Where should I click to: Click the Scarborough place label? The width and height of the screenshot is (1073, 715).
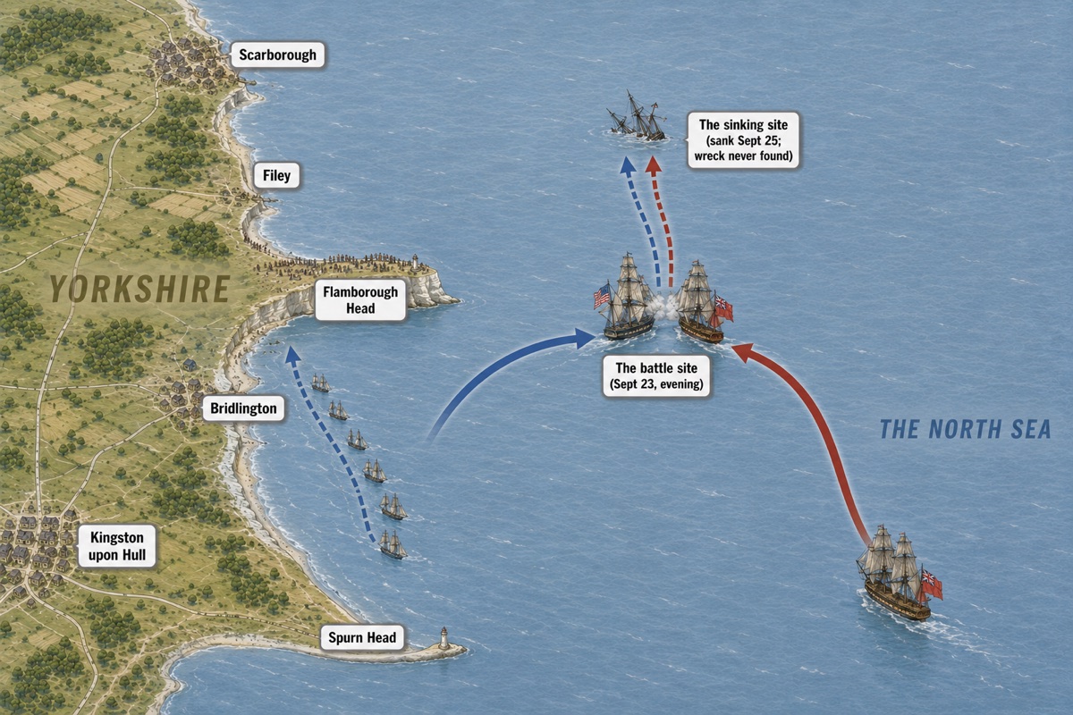pos(277,55)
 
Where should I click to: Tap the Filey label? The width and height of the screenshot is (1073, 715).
pos(276,175)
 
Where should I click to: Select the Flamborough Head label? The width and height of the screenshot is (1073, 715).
pos(360,299)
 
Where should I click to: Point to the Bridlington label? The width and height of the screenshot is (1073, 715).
pos(243,408)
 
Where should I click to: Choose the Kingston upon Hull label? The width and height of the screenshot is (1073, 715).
pos(117,546)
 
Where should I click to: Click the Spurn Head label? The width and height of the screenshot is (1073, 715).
pos(362,637)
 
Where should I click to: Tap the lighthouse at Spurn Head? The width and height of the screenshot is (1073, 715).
pos(444,638)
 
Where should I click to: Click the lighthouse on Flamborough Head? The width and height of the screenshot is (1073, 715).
pos(415,263)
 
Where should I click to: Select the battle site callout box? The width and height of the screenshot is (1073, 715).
pos(656,376)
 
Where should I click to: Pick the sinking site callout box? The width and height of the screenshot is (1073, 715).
pos(743,140)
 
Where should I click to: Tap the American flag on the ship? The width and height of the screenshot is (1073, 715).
pos(602,296)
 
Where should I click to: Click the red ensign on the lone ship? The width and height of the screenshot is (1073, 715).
pos(931,585)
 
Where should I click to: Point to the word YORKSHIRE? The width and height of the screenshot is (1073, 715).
pos(139,289)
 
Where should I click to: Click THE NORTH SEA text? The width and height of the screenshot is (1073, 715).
pos(965,429)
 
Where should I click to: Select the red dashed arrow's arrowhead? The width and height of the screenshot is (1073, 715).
pos(654,164)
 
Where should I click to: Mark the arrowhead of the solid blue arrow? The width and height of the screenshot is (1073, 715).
pos(585,338)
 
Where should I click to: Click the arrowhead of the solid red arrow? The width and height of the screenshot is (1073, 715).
pos(743,352)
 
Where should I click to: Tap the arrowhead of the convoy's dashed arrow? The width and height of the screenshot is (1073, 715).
pos(291,354)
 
